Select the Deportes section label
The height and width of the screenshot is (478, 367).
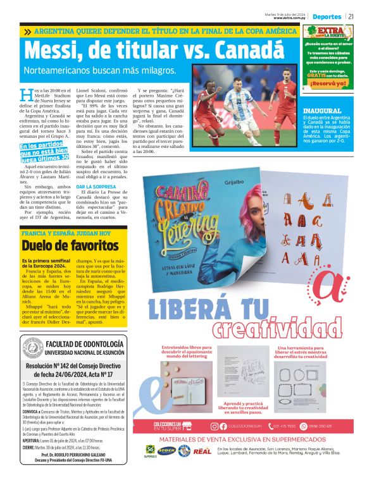328,16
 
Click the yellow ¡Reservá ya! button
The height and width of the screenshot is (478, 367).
328,83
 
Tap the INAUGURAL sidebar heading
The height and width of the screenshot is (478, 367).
322,110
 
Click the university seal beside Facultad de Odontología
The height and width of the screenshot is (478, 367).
32,348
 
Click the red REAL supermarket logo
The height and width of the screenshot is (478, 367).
202,451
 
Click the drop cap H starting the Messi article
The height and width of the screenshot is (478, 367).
25,95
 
